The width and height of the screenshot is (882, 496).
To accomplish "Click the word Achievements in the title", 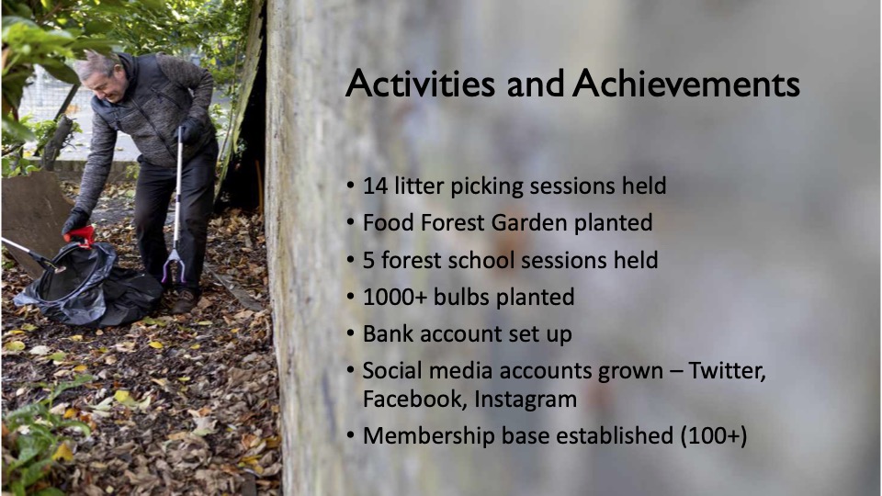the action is [686, 84].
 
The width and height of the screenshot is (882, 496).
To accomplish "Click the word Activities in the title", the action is [420, 84].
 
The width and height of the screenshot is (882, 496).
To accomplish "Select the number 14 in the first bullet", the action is [375, 186].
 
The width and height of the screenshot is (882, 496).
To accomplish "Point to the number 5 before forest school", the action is [369, 260].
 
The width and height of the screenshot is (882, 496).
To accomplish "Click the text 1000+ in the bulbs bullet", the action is [395, 297].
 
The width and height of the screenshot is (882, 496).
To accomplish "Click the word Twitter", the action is [727, 371].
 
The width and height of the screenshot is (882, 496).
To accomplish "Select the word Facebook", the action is [414, 400].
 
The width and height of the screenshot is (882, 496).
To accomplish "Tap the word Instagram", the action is [526, 400].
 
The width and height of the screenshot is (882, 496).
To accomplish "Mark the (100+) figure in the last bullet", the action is [714, 435].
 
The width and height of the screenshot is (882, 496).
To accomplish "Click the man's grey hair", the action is [96, 64].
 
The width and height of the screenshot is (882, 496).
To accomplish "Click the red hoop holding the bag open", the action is [81, 236].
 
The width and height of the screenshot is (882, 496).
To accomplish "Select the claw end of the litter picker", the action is [174, 267].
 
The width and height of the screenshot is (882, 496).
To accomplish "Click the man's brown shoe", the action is [185, 301].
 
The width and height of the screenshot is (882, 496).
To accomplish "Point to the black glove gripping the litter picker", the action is [190, 131].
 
